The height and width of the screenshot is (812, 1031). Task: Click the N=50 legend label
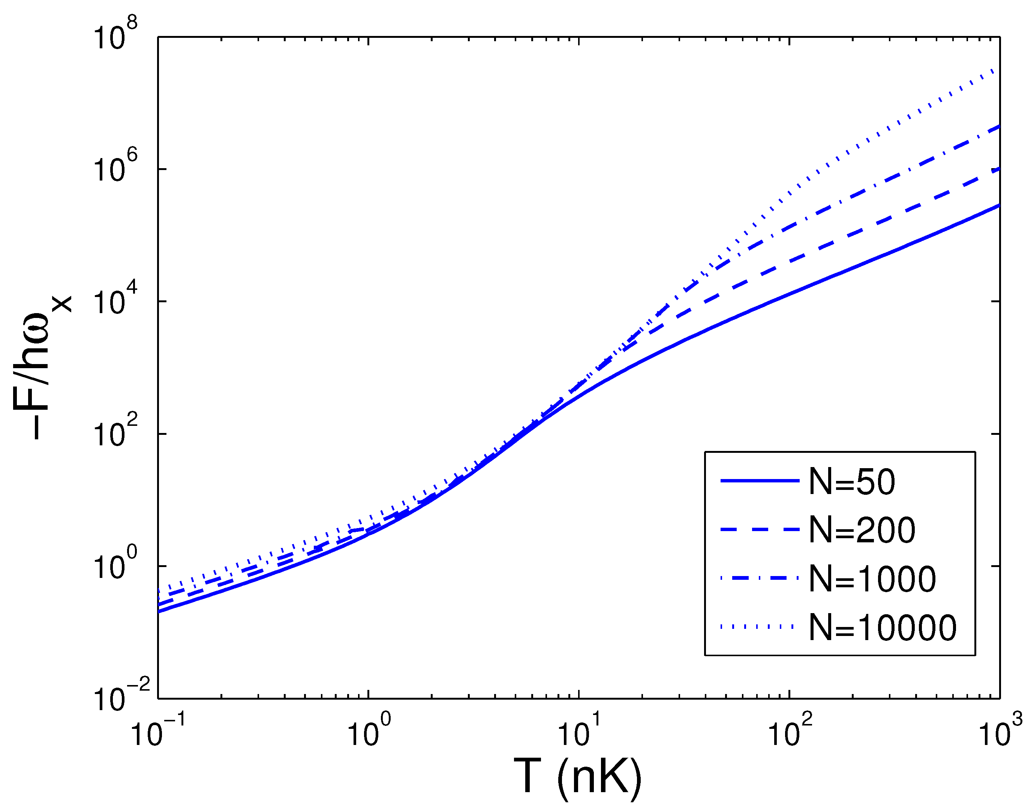click(852, 482)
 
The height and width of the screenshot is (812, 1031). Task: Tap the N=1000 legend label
click(872, 579)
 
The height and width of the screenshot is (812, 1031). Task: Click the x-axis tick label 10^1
click(579, 731)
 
